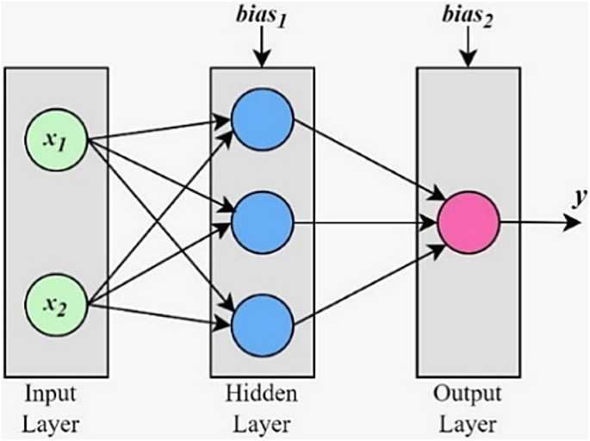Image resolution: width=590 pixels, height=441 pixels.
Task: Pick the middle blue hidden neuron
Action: pyautogui.click(x=263, y=221)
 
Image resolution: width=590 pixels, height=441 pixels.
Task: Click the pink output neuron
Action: pyautogui.click(x=469, y=221)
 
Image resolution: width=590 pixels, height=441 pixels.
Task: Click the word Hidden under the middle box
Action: pyautogui.click(x=262, y=394)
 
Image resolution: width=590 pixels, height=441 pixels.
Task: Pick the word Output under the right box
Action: pyautogui.click(x=468, y=394)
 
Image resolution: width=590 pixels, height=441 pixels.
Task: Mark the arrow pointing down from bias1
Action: pyautogui.click(x=263, y=50)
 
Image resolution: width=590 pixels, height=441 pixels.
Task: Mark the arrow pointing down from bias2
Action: pyautogui.click(x=469, y=50)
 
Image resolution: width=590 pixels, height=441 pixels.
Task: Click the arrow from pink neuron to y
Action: pyautogui.click(x=538, y=221)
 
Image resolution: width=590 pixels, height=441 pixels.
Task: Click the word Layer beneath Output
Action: pyautogui.click(x=468, y=425)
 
